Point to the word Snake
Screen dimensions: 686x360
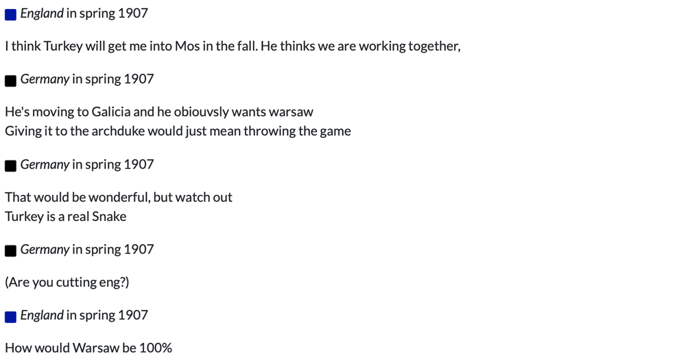109,216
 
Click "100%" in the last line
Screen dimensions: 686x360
156,348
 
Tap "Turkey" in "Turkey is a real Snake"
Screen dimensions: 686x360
24,216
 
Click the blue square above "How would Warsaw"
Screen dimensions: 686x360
10,317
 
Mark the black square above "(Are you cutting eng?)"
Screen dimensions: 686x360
10,251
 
